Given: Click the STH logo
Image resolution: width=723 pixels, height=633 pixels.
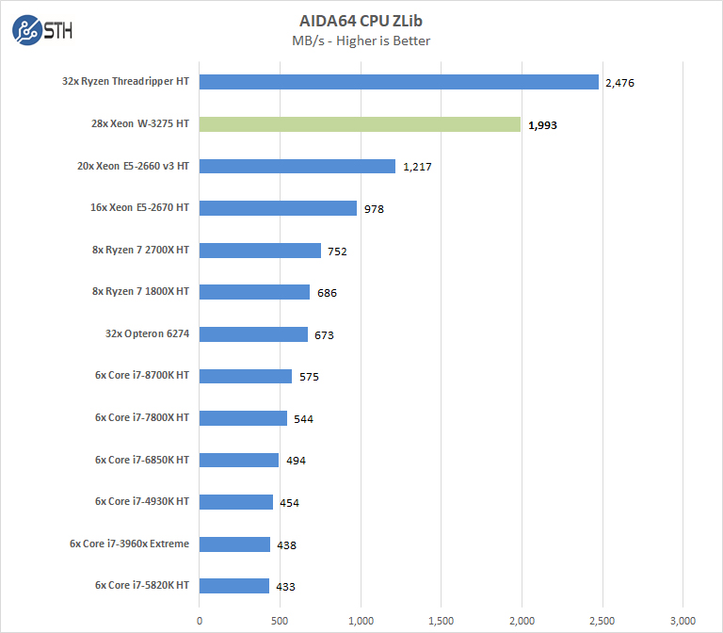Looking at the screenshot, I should click(x=42, y=31).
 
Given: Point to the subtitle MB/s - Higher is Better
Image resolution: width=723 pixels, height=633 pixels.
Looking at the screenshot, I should click(x=361, y=41).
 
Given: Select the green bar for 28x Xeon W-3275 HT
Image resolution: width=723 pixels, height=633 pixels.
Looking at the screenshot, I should click(x=360, y=124).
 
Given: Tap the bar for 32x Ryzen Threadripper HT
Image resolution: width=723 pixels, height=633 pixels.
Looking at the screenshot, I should click(x=399, y=82).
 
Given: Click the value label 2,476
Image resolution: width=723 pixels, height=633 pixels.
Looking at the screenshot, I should click(x=620, y=83).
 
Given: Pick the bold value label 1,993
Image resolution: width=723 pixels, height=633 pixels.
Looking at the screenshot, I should click(x=543, y=124).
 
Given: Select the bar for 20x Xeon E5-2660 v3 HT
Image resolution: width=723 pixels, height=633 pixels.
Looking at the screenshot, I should click(x=297, y=166).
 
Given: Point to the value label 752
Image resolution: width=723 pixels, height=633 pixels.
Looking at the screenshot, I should click(x=342, y=251).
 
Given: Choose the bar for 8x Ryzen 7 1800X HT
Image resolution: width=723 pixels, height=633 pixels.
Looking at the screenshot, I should click(x=254, y=292).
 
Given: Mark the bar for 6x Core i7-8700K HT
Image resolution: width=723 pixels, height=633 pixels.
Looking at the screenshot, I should click(x=246, y=376).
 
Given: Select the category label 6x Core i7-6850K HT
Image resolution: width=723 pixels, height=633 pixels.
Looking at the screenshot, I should click(x=141, y=460).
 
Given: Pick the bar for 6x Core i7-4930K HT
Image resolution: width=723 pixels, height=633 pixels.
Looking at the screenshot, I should click(x=236, y=502).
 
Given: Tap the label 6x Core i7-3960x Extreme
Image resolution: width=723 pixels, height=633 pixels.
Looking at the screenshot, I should click(x=129, y=544).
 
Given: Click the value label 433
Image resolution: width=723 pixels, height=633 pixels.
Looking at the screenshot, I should click(x=285, y=587).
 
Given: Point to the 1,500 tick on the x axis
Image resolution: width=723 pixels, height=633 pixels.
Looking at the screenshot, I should click(x=441, y=620).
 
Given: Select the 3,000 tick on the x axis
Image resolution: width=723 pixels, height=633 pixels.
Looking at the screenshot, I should click(x=683, y=620).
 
